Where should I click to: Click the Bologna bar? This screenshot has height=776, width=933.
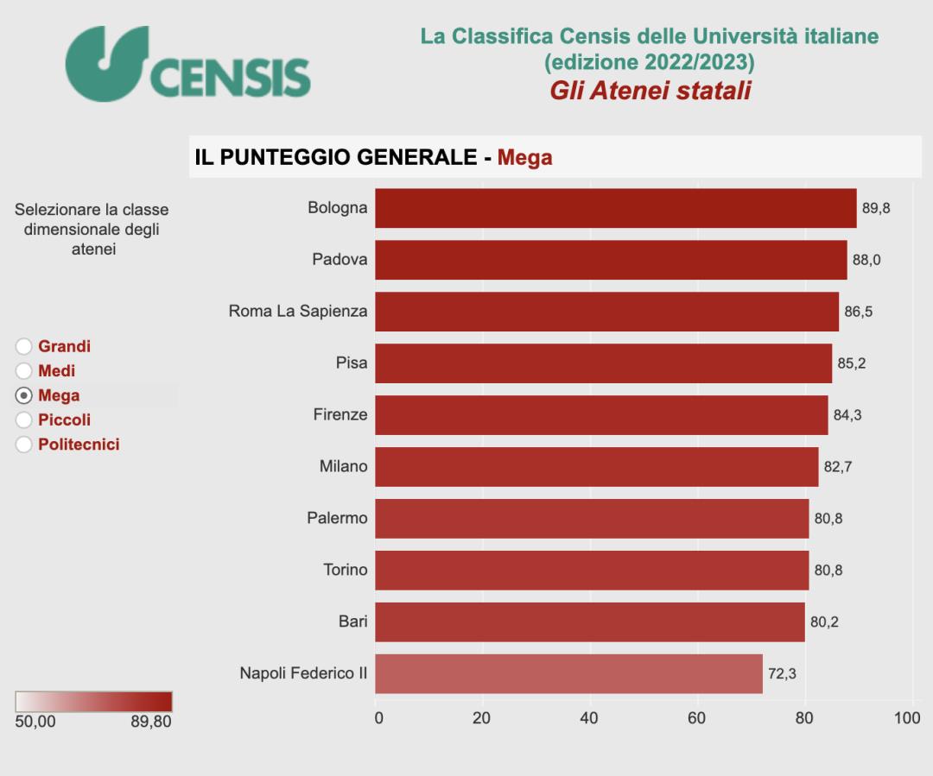(x=615, y=208)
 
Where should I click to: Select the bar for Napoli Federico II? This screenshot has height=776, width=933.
(x=568, y=673)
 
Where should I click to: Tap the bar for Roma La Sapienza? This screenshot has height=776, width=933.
(x=606, y=312)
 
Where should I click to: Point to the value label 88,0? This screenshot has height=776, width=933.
(x=866, y=260)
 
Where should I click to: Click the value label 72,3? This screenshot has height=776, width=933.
(x=782, y=673)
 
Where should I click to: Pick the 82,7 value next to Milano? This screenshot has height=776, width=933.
(x=838, y=467)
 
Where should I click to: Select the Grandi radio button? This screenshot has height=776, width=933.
(x=24, y=347)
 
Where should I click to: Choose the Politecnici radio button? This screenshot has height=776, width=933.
(x=24, y=445)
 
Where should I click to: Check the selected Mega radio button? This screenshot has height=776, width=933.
(x=24, y=396)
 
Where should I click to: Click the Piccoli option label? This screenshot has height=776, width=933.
(x=64, y=420)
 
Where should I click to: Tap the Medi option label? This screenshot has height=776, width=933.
(x=56, y=371)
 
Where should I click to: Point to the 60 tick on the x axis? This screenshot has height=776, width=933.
(x=696, y=718)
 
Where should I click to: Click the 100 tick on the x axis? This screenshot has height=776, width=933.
(x=908, y=718)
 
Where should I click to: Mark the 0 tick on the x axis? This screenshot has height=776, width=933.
(x=378, y=718)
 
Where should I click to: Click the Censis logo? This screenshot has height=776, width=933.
(x=187, y=64)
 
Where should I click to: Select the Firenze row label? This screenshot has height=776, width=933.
(x=340, y=415)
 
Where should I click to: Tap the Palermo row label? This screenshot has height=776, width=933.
(x=337, y=519)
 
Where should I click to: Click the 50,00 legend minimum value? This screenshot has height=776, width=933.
(x=35, y=722)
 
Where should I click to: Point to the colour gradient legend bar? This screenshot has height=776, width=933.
(x=93, y=701)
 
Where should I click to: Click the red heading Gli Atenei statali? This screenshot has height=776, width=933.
(x=650, y=91)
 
